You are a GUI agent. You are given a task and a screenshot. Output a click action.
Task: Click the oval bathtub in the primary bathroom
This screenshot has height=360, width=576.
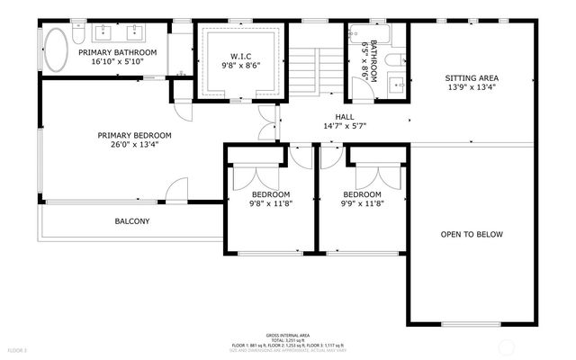point(56,51)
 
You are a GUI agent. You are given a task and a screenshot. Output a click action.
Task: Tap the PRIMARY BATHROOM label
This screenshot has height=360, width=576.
point(117,53)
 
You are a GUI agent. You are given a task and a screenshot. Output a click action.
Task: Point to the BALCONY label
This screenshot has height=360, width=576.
point(131,221)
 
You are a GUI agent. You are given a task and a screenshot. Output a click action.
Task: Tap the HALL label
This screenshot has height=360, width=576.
point(345,117)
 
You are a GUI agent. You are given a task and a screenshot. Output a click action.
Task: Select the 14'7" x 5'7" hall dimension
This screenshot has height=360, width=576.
point(345,127)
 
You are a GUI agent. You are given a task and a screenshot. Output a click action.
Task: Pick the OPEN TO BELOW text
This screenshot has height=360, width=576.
point(471,234)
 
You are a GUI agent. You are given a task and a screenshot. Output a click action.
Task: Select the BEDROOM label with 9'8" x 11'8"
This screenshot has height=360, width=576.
point(270,194)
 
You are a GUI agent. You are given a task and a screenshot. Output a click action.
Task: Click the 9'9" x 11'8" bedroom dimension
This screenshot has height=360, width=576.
point(362,205)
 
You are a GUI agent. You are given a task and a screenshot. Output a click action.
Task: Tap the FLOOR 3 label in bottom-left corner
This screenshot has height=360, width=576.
point(18,349)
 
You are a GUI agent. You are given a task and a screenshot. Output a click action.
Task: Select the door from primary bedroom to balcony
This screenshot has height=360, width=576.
point(176,192)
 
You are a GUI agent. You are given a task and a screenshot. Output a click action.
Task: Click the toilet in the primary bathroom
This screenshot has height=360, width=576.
point(78,35)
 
